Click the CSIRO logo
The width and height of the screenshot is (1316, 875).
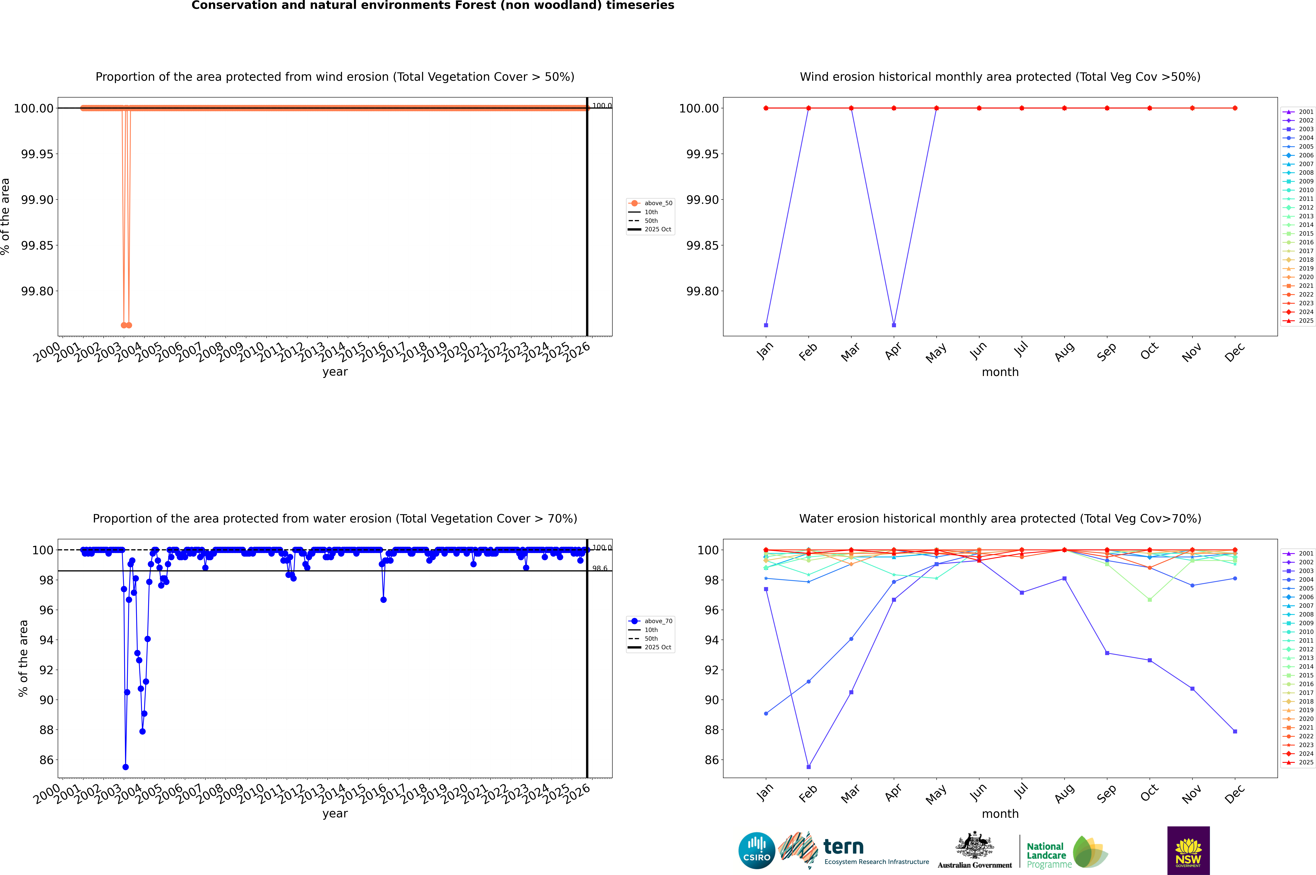tap(756, 850)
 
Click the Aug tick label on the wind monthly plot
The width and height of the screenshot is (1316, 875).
tap(1064, 351)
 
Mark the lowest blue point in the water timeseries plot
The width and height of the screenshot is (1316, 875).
tap(126, 767)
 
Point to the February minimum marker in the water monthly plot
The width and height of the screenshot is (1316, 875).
tap(808, 767)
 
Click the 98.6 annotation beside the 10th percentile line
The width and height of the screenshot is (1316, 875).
tap(600, 569)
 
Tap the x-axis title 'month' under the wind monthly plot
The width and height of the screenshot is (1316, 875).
tap(1000, 372)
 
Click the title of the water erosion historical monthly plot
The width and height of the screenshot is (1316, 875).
tap(1000, 518)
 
